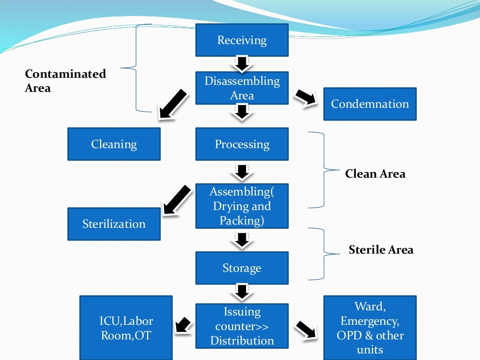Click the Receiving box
point(241,40)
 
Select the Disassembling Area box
point(241,88)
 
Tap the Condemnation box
point(369,104)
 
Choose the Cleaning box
point(114,144)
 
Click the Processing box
point(241,144)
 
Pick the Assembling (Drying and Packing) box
point(241,206)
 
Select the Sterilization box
point(114,224)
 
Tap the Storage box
point(241,268)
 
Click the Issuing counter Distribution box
point(241,326)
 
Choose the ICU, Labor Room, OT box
point(126,328)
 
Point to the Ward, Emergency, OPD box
point(369,328)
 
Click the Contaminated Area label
point(65,81)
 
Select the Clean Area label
point(375,174)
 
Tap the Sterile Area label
point(381,250)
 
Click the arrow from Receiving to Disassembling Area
point(241,64)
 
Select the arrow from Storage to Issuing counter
point(241,292)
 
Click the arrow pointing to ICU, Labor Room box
point(183,325)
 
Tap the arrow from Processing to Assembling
point(241,172)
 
